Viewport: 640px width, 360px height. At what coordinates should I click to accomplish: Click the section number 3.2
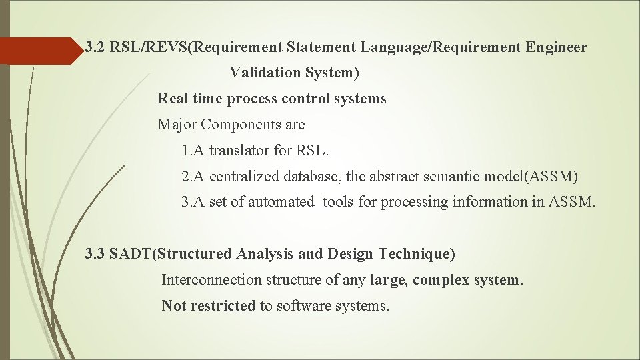(95, 47)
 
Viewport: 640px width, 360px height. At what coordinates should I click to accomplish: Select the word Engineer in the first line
(557, 47)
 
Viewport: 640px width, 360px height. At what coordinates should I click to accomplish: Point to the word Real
(172, 99)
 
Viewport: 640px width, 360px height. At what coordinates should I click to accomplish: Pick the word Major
(177, 124)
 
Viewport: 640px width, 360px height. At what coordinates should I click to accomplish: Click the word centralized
(245, 177)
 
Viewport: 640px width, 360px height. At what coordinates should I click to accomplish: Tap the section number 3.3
(95, 253)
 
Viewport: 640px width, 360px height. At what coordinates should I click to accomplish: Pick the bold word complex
(441, 279)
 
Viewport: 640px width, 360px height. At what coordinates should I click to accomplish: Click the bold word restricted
(223, 305)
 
